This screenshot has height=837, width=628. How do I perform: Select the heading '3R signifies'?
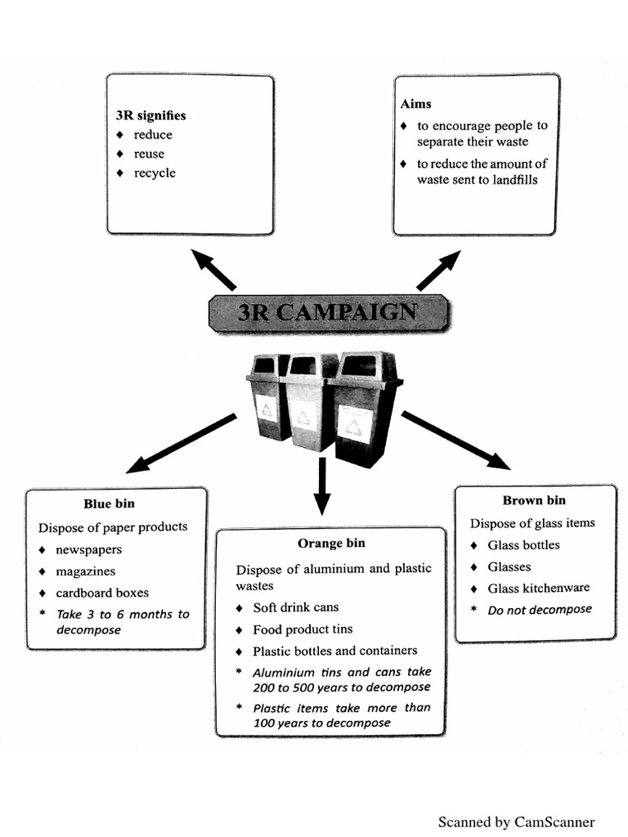pos(151,115)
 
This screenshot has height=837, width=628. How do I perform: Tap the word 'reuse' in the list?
pos(149,154)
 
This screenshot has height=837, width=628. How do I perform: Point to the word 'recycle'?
pos(155,172)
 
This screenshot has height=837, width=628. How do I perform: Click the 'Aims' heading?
pos(415,104)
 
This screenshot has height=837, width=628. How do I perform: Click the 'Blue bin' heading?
pos(109,504)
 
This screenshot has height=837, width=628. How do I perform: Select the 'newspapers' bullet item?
pos(88,550)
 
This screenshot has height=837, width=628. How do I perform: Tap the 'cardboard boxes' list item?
pos(102,593)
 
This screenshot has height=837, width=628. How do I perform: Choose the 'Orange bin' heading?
pos(331,544)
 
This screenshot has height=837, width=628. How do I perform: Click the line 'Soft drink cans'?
pos(295,607)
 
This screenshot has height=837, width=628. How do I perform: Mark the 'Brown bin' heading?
pos(534,500)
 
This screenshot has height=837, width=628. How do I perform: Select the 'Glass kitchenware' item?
pos(538,588)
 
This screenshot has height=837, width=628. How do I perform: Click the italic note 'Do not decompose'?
pos(539,610)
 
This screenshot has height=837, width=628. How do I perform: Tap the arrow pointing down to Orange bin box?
pos(322,486)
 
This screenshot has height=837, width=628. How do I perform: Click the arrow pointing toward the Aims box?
pos(438,271)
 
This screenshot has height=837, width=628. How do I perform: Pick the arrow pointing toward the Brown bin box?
pos(455,440)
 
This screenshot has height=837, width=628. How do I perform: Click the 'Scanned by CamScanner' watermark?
pos(516,822)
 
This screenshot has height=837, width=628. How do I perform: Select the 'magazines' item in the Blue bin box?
pos(85,571)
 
